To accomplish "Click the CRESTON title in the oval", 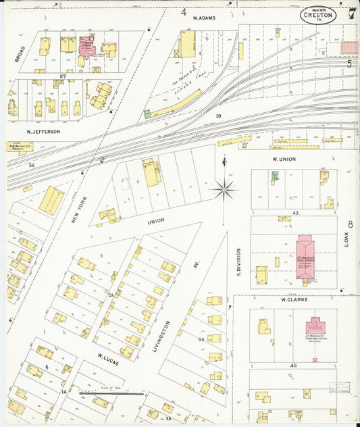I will pos(317,14).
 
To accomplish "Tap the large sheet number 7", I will pos(351,12).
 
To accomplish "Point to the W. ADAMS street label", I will pos(204,18).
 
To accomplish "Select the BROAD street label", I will pos(21,55).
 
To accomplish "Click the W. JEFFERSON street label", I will pos(43,131).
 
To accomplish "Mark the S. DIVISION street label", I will pos(238,261).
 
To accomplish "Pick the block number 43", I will pos(296,214).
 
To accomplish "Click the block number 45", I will pos(294,366).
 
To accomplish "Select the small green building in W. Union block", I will pos(274,176).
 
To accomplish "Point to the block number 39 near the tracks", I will pos(218,117).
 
